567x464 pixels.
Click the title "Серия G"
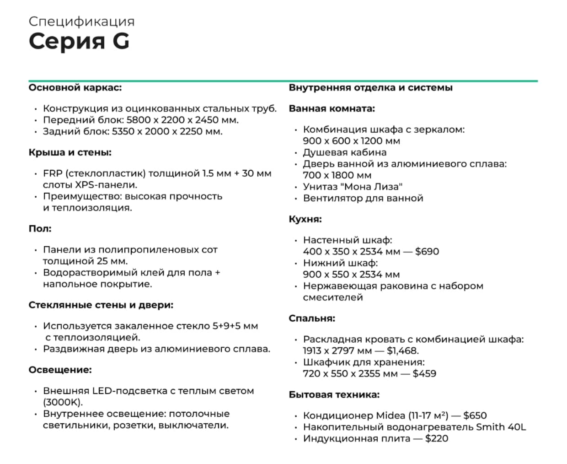(79, 41)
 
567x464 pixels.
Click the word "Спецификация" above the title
(81, 21)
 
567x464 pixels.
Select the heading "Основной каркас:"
(75, 87)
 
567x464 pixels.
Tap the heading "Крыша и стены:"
(70, 152)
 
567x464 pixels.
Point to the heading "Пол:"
(40, 228)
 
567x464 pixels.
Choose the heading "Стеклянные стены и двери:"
(101, 305)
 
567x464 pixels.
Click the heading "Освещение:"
(60, 370)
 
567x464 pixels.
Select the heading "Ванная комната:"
(332, 108)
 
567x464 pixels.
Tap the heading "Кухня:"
(305, 219)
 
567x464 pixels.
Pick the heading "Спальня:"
(312, 318)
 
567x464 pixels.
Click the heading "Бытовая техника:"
(334, 394)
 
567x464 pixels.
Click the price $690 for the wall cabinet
(427, 251)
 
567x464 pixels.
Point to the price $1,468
(402, 351)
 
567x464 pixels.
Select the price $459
(424, 373)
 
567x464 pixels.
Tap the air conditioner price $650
(475, 415)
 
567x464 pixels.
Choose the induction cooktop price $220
(436, 438)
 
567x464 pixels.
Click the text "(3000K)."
(63, 402)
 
